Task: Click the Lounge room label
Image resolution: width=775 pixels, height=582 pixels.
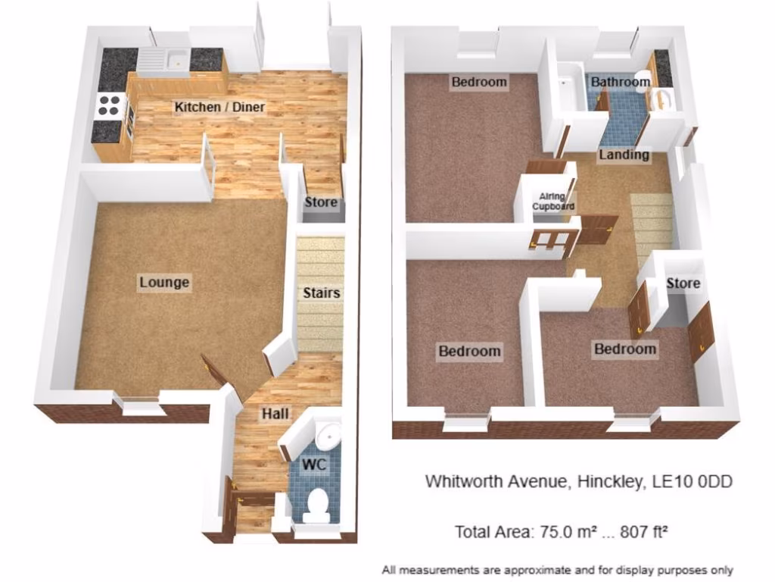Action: [x=164, y=283]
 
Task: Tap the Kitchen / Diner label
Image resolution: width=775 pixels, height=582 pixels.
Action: [x=219, y=107]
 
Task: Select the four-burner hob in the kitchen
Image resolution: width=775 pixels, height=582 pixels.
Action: [x=109, y=105]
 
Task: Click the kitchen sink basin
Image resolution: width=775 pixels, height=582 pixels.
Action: [x=177, y=59]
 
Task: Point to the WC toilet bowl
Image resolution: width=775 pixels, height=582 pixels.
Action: [x=316, y=505]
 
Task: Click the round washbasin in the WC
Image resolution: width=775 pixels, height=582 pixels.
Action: [x=329, y=435]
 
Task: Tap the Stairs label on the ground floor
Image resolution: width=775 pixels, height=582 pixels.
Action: [x=321, y=293]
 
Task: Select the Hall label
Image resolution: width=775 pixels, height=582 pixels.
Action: [x=275, y=414]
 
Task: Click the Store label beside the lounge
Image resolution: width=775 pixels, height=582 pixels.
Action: [x=321, y=202]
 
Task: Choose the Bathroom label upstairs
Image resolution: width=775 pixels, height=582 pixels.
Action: [x=621, y=82]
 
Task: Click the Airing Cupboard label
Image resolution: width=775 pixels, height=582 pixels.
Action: [x=553, y=202]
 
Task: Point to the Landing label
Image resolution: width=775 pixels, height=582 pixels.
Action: [x=624, y=155]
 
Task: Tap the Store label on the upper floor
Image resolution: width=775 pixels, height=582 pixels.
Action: [x=683, y=283]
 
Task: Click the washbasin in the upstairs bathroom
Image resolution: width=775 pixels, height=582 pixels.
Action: [x=660, y=99]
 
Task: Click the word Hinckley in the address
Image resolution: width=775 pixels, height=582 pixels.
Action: [x=611, y=481]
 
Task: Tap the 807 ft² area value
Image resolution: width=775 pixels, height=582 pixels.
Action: [x=643, y=532]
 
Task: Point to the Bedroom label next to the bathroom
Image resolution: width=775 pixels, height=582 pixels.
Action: [x=479, y=82]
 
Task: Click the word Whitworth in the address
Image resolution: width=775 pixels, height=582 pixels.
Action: [x=463, y=481]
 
